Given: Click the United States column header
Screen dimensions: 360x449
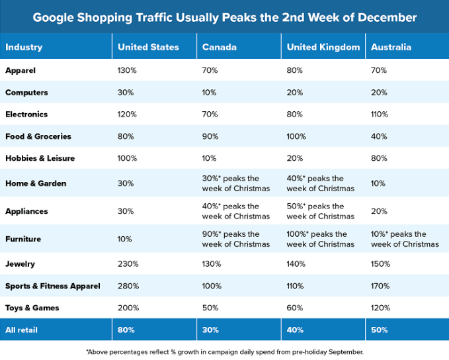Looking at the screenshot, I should [148, 48].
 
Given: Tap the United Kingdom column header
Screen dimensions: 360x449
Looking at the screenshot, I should [323, 48].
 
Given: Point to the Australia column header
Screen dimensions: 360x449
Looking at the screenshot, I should [391, 48].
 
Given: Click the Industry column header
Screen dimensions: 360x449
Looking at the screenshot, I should [24, 48].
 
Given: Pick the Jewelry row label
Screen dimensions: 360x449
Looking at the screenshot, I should [20, 264].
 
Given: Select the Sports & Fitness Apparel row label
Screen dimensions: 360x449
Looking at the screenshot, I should [52, 286].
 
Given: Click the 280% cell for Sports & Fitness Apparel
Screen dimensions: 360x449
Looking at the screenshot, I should [128, 286].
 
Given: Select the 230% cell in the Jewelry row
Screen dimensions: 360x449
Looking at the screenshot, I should [128, 264].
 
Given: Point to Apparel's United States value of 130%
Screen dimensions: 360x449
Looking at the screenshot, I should [128, 70].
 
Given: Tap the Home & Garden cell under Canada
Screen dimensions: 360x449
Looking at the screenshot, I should [237, 183].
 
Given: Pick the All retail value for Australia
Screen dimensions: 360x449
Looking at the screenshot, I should [380, 330].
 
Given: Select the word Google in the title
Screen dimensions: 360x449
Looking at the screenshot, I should [55, 17].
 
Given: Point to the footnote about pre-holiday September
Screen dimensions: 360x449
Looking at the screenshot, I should [224, 351].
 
